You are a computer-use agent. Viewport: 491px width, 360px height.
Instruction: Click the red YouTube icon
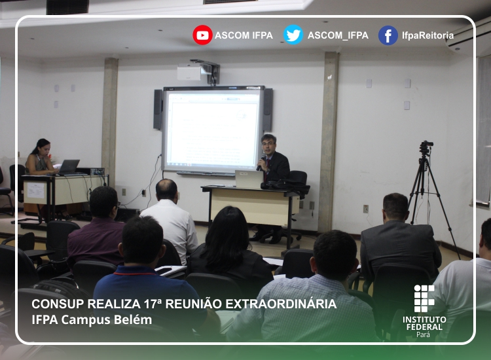tap(202, 35)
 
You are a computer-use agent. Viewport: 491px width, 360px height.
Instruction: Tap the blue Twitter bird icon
tap(293, 35)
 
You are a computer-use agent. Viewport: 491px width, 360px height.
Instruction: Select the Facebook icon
tap(388, 35)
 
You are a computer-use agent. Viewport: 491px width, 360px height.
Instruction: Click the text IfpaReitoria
tap(427, 35)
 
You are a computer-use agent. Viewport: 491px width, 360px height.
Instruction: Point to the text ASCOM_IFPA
tap(338, 35)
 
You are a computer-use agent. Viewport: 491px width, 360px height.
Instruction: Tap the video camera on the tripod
tap(426, 147)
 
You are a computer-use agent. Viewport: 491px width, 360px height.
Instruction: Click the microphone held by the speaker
tap(260, 163)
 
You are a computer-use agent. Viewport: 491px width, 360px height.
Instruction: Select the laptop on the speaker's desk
tap(249, 179)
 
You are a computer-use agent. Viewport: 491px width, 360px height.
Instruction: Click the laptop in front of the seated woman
tap(69, 167)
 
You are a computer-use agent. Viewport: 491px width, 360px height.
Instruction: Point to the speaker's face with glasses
tap(268, 145)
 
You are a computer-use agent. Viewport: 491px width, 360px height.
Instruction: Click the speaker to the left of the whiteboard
tap(158, 109)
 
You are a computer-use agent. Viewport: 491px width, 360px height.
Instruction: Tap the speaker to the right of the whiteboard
tap(268, 109)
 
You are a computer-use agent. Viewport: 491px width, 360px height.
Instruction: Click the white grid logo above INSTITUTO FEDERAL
tap(424, 298)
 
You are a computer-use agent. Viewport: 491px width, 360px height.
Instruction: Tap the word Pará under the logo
tap(424, 334)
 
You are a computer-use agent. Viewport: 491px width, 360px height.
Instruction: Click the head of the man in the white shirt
tap(166, 189)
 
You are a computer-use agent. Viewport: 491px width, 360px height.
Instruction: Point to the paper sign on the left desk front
tap(36, 190)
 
